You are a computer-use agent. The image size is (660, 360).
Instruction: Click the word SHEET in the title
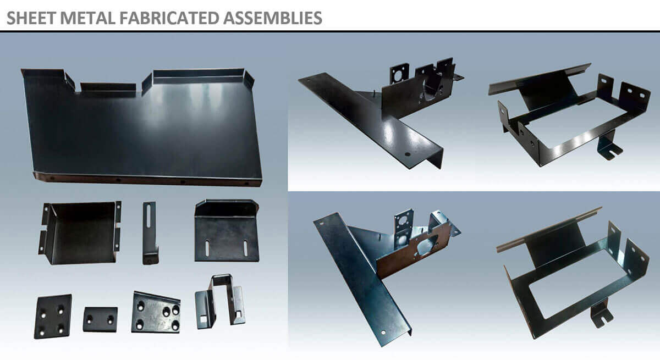coord(31,18)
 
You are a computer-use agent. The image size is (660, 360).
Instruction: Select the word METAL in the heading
coord(88,18)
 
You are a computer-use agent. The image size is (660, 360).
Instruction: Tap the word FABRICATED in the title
coord(169,18)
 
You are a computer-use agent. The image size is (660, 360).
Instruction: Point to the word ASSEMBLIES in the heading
coord(273,18)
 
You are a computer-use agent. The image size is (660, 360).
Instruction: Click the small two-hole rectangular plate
coord(100,319)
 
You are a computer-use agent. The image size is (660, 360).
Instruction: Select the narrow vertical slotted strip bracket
coord(150,232)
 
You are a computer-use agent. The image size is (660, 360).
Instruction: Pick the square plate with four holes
coord(53,316)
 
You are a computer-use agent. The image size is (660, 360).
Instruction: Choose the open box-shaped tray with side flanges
coord(80,232)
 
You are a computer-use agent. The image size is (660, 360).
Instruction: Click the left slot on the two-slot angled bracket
coord(207,248)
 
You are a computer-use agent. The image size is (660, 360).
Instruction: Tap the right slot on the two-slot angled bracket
coord(245,248)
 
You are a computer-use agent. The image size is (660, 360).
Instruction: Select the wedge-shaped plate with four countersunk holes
coord(156,313)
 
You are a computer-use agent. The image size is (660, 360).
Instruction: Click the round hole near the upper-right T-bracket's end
coord(408,154)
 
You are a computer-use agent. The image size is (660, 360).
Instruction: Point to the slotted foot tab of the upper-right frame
coord(609,148)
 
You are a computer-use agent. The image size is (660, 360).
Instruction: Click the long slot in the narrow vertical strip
coord(148,215)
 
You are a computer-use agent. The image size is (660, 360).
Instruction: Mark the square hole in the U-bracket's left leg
coord(204,319)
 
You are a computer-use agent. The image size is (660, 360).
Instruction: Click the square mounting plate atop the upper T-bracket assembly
coord(399,74)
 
